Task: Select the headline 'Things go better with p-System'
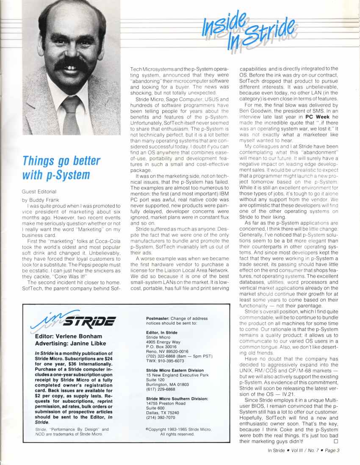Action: pos(61,168)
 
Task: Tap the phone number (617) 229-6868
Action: pos(160,389)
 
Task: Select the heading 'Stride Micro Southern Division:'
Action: pos(177,399)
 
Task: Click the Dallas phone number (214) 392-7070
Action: pos(160,417)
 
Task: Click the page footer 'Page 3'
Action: pos(331,450)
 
